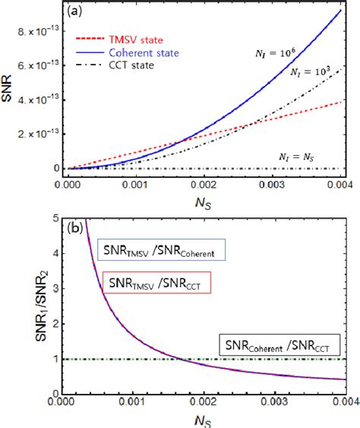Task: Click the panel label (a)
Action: point(77,12)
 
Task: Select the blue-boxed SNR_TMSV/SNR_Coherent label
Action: point(159,248)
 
